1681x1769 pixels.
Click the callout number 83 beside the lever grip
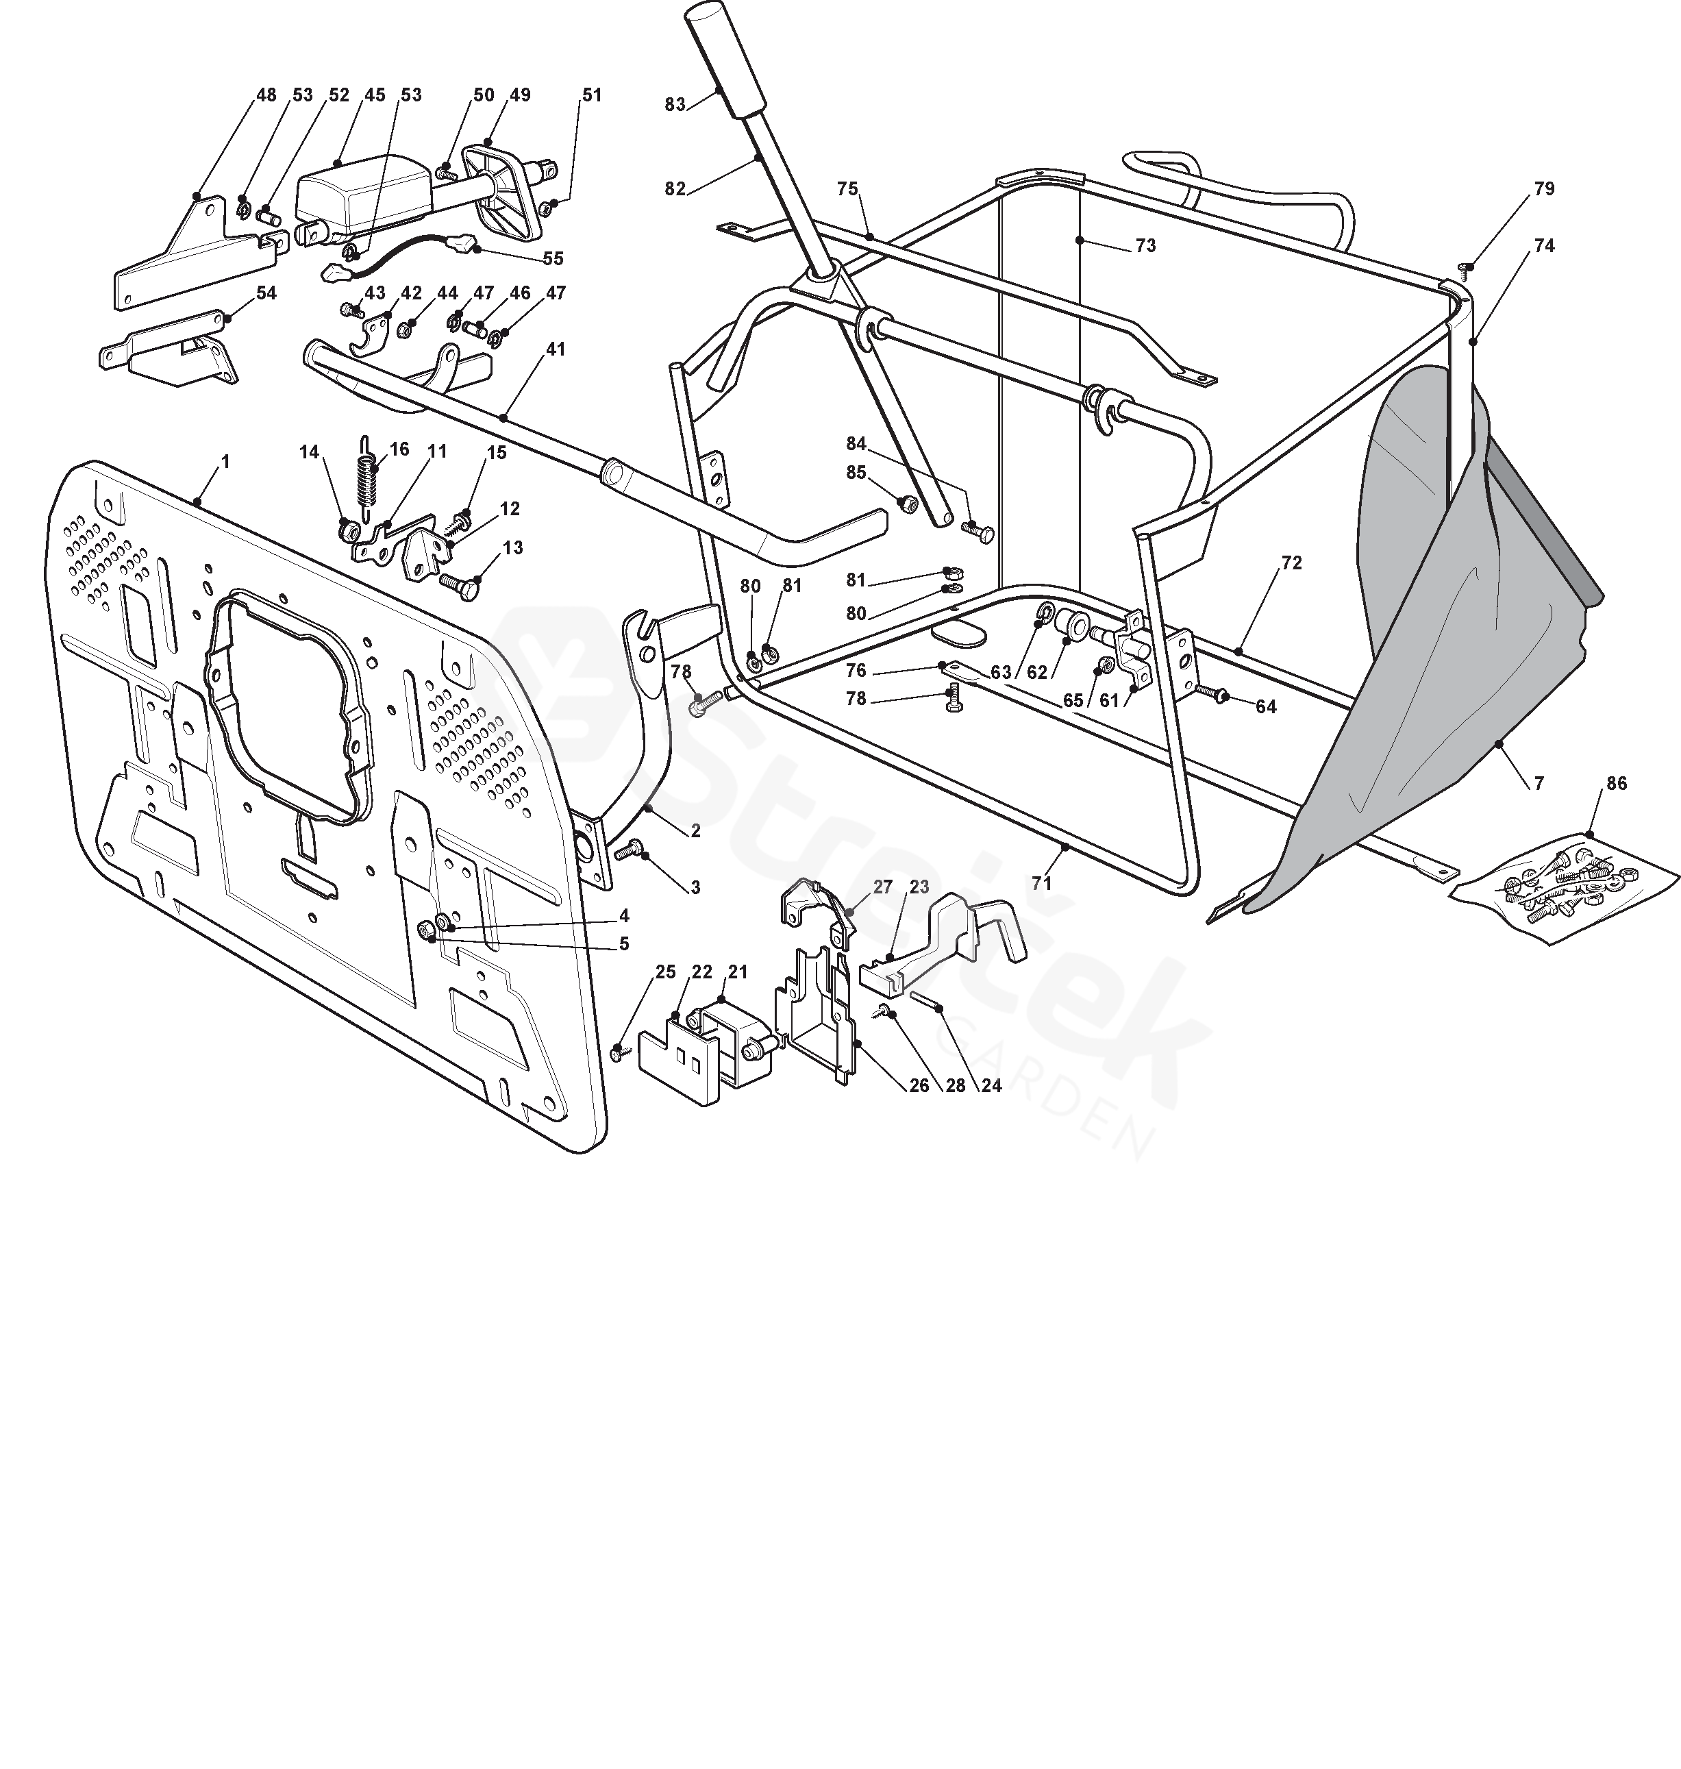[675, 104]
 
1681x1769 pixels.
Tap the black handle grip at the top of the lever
[723, 58]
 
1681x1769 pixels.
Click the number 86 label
[1617, 782]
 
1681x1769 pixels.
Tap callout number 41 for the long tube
[556, 349]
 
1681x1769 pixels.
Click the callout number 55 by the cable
[553, 258]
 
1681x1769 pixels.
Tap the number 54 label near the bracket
[266, 293]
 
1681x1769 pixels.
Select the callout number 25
[666, 972]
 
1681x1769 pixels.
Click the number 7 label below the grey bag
[1539, 783]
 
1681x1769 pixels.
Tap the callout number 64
[1265, 707]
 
